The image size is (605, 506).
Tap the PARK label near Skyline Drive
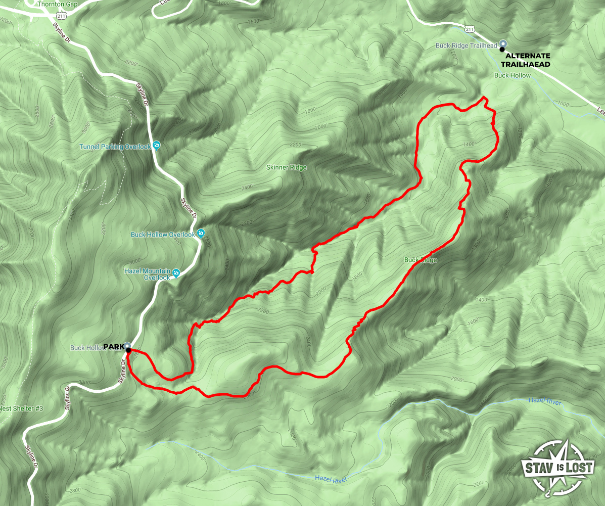pos(114,346)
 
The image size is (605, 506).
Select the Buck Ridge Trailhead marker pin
pos(502,44)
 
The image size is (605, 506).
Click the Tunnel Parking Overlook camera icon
pos(156,146)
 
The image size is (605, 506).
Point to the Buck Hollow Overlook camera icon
pos(201,233)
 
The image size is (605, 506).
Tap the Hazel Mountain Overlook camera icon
pos(176,273)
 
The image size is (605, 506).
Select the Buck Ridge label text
pos(420,260)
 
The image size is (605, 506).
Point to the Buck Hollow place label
pos(513,75)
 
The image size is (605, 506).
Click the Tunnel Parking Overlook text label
pos(115,147)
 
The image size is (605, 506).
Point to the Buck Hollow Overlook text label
pos(163,235)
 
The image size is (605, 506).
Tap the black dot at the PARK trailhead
pos(128,350)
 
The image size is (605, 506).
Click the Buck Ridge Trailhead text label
pos(467,45)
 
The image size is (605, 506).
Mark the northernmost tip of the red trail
pos(484,97)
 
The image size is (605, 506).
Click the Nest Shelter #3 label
pos(22,408)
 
